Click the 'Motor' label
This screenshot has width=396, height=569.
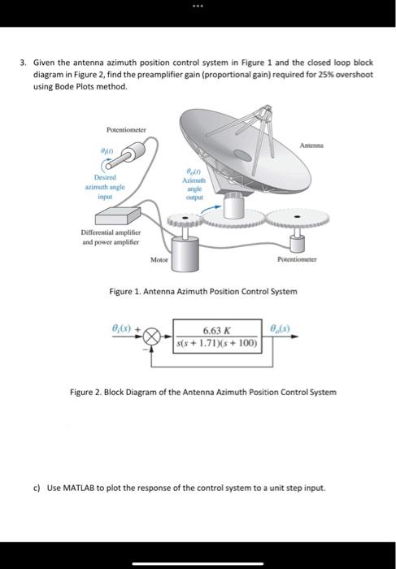(159, 259)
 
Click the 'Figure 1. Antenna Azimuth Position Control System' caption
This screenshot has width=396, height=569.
(209, 291)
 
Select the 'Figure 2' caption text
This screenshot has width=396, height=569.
(202, 393)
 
